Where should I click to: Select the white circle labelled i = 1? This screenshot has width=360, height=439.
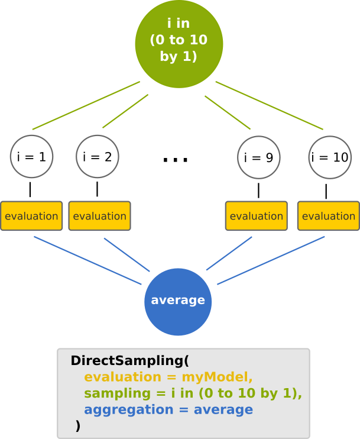pos(32,157)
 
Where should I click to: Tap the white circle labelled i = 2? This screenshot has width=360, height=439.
pos(98,157)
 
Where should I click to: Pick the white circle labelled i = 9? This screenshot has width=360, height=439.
pos(258,158)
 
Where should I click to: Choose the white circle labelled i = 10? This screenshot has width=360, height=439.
pos(330,158)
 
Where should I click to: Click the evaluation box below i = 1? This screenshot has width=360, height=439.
pos(31,216)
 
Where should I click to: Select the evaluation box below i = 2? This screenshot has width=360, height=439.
pos(99,216)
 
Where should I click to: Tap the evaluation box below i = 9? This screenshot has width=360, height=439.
pos(256,216)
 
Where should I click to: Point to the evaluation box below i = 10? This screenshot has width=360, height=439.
pos(328,216)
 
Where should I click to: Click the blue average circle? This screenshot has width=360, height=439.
pos(178,300)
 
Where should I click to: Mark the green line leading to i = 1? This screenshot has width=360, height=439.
pos(86,105)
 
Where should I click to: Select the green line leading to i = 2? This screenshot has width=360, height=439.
pos(125,111)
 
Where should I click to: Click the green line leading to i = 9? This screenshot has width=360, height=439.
pos(228,112)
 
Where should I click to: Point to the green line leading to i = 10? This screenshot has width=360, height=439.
pos(269,105)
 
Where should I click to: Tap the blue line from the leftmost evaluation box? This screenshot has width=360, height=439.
pos(87,261)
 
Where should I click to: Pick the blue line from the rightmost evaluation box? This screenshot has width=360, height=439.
pos(271,260)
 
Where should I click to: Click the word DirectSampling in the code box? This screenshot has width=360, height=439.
pos(127,360)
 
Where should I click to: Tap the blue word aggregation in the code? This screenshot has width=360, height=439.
pos(120,410)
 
